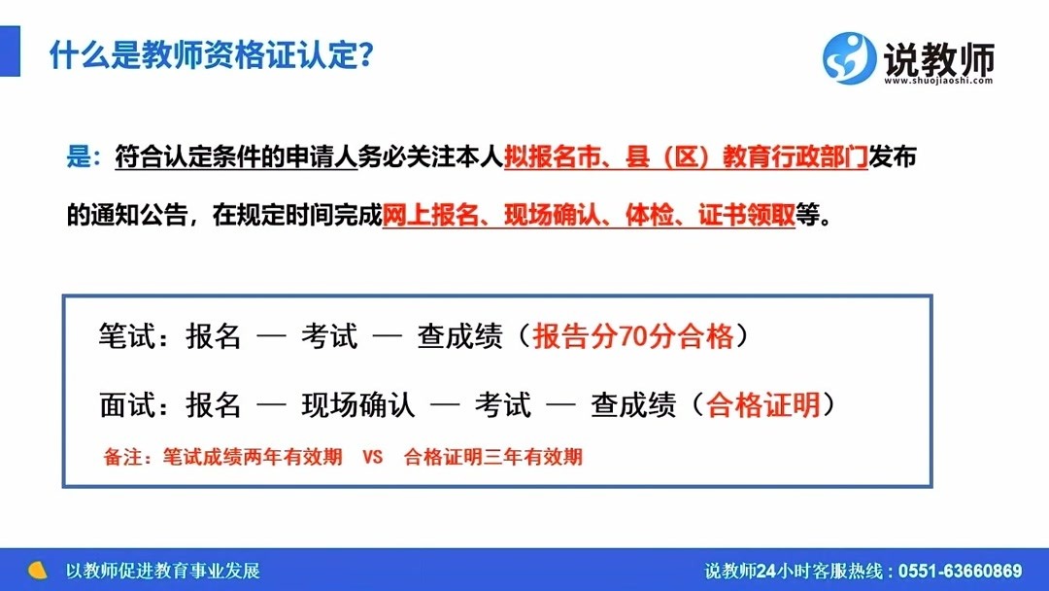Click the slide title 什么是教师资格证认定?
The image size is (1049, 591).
pos(211,54)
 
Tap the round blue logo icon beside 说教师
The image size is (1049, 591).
pos(849,58)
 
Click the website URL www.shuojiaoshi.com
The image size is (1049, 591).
pos(938,81)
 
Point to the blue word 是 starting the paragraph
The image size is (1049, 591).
pos(79,156)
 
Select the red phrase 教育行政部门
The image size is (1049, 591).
pos(795,156)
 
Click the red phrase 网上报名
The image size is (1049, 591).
pos(431,215)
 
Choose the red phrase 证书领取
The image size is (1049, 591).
pos(747,215)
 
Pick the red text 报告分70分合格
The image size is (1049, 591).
pos(633,336)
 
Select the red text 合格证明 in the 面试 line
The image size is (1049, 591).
pos(763,405)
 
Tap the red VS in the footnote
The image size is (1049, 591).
pos(373,457)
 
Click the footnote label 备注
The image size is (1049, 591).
pos(123,457)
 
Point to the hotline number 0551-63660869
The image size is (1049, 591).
pos(960,571)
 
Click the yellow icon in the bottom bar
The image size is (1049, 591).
pos(38,571)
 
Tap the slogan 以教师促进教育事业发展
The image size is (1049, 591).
pos(162,571)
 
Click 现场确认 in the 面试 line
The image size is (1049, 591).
pos(357,405)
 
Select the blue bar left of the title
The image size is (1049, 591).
pos(10,51)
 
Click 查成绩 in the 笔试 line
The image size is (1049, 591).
pos(459,336)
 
